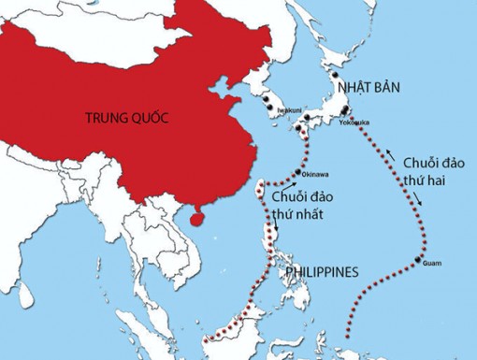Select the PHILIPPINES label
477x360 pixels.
click(321, 272)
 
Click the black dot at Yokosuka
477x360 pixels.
click(346, 118)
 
